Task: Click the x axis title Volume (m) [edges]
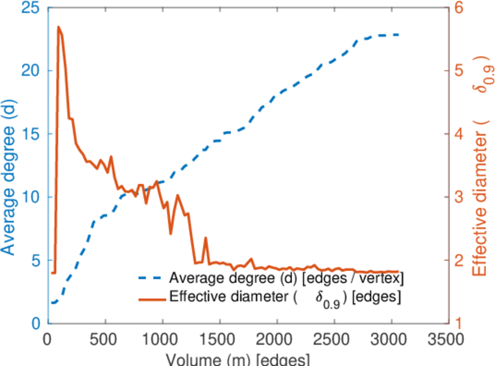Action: click(238, 359)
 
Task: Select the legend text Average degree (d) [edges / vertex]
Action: click(287, 279)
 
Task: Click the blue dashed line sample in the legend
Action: click(151, 279)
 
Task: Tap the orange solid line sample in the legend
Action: click(151, 298)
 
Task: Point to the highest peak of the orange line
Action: click(59, 27)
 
